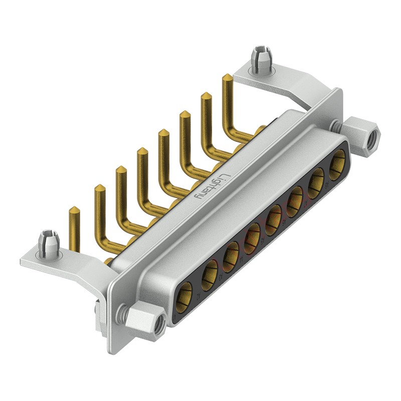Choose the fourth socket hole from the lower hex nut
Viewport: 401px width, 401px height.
253,235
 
